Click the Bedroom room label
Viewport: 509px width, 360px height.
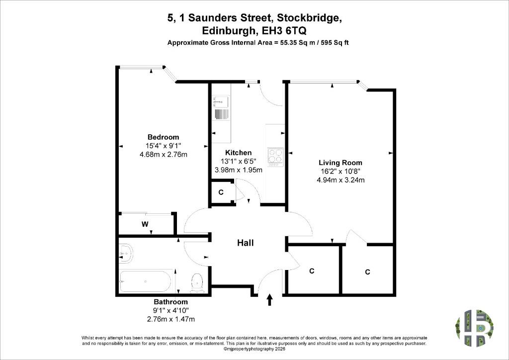[x=163, y=137]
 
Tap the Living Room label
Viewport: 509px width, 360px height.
[x=340, y=163]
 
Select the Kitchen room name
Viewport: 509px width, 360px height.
[x=238, y=153]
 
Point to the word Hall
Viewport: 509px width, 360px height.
[x=246, y=243]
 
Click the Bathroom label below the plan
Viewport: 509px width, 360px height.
[x=171, y=301]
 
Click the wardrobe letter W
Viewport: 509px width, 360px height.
[x=145, y=224]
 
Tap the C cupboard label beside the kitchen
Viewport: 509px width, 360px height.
[x=221, y=192]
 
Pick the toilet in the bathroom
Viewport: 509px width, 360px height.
[x=197, y=282]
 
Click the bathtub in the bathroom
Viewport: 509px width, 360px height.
[x=145, y=281]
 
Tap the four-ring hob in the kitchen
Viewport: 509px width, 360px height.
[x=275, y=156]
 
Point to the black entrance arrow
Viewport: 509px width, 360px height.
[x=269, y=300]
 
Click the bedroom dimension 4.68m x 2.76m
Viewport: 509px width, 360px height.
[x=163, y=155]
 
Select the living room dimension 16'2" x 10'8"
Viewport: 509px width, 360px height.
[x=340, y=172]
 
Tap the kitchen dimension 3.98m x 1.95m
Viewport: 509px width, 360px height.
[x=239, y=170]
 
